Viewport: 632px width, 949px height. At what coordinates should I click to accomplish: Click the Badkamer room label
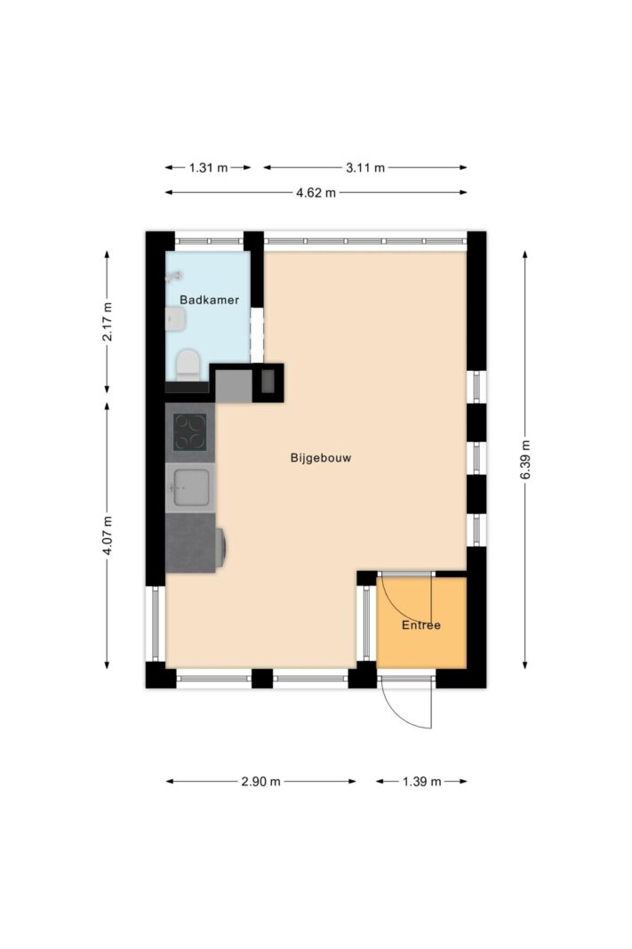(x=209, y=300)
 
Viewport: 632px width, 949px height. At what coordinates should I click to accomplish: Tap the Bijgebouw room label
(x=321, y=457)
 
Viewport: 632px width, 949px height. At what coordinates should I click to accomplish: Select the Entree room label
(x=421, y=625)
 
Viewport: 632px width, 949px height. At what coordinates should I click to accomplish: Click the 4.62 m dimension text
(x=316, y=193)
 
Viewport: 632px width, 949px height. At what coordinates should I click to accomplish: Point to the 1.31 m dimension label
(x=208, y=167)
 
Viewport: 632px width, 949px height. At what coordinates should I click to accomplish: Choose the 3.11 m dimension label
(x=365, y=167)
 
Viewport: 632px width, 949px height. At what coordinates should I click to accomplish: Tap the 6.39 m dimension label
(x=525, y=459)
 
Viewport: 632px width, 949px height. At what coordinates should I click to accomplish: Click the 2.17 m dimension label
(x=107, y=321)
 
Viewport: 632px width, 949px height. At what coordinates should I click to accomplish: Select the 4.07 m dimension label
(x=107, y=535)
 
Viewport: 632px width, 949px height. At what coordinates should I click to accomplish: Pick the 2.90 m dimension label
(x=260, y=782)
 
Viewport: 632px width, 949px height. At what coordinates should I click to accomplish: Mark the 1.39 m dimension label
(x=422, y=782)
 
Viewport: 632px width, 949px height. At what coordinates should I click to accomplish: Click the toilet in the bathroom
(x=188, y=365)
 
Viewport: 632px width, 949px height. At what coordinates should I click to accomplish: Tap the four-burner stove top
(x=190, y=432)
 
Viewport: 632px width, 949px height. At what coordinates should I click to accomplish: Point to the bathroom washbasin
(x=175, y=319)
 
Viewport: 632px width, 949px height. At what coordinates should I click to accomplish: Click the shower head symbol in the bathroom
(x=173, y=277)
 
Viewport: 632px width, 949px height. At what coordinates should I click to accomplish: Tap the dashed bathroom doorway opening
(x=258, y=335)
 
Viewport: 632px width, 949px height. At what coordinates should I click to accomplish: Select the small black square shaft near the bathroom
(x=268, y=383)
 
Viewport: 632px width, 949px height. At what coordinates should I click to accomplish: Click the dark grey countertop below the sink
(x=190, y=543)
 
